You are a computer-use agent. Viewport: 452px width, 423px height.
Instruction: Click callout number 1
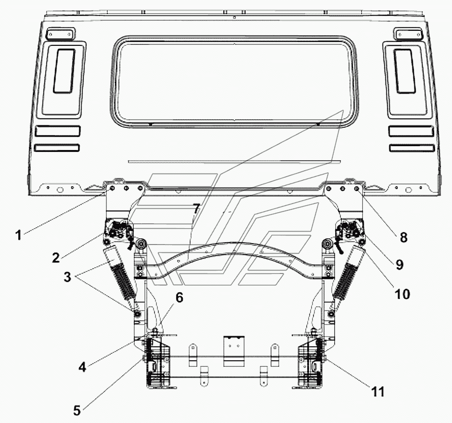pyautogui.click(x=19, y=235)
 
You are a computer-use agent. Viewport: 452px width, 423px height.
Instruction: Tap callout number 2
pyautogui.click(x=56, y=257)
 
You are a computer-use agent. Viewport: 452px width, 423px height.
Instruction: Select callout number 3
pyautogui.click(x=67, y=277)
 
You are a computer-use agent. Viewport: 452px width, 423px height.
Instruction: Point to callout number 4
pyautogui.click(x=82, y=367)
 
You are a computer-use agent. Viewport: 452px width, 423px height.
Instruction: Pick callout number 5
pyautogui.click(x=77, y=410)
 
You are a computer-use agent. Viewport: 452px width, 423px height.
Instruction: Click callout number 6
pyautogui.click(x=179, y=298)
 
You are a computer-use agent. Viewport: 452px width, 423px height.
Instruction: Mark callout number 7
pyautogui.click(x=196, y=208)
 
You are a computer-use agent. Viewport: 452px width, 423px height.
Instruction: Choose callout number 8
pyautogui.click(x=404, y=237)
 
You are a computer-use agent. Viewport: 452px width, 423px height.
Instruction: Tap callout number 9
pyautogui.click(x=399, y=264)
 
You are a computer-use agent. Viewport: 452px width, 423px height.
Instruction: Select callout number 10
pyautogui.click(x=402, y=294)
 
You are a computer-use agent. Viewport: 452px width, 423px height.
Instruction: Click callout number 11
pyautogui.click(x=378, y=392)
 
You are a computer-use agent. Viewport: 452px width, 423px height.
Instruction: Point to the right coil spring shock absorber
pyautogui.click(x=348, y=278)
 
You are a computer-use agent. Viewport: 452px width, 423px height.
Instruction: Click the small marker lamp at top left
pyautogui.click(x=60, y=34)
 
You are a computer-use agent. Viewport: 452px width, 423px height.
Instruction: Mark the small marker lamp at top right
pyautogui.click(x=409, y=34)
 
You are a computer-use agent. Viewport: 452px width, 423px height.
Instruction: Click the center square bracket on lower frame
pyautogui.click(x=234, y=351)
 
